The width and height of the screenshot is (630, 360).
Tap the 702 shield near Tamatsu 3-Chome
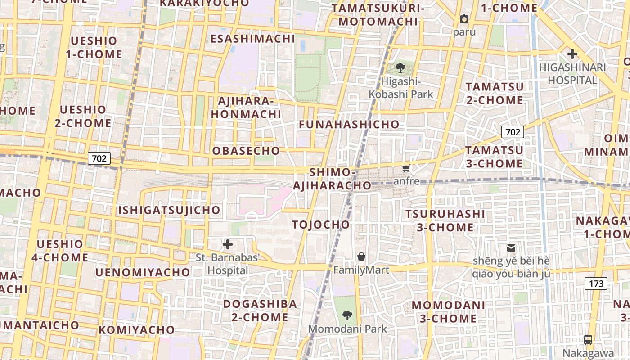[x=513, y=132]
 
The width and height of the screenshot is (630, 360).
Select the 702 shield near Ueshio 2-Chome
[x=99, y=158]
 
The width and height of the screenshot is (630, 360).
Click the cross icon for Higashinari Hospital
[x=572, y=54]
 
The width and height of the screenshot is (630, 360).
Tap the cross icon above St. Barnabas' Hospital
[x=228, y=244]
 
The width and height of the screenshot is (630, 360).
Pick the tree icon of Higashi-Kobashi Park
[x=400, y=68]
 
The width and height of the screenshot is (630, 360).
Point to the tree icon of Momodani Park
[x=347, y=315]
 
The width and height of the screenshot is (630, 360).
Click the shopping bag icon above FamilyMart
[x=361, y=257]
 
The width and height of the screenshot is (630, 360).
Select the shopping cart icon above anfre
[x=406, y=168]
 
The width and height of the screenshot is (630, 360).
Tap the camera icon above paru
[x=464, y=18]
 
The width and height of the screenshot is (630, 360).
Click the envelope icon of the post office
[x=511, y=247]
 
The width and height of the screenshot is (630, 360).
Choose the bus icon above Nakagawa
[x=588, y=340]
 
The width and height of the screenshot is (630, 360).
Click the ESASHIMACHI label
[x=252, y=39]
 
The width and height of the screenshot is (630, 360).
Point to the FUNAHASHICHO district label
[x=349, y=124]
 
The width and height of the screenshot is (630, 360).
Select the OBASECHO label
[x=246, y=151]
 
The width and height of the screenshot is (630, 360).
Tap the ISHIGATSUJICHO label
[x=169, y=210]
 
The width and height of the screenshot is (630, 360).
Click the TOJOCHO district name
[x=320, y=225]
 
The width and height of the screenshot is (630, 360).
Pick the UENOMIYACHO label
[x=143, y=272]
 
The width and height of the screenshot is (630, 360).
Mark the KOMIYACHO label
[x=136, y=330]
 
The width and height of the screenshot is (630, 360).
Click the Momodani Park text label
[x=347, y=329]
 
